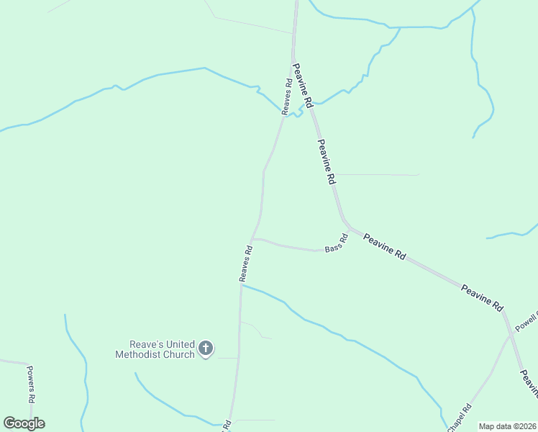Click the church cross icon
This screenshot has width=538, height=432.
pos(206,349)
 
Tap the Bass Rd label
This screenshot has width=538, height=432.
pos(336,243)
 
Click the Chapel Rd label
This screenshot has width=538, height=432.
pos(458,418)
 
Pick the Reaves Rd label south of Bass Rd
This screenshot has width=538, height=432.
pos(246,264)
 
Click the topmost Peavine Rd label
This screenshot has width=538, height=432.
pos(302,86)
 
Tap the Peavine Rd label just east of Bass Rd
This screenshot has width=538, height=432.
pos(385,246)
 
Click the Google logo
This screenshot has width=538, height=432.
pos(24,423)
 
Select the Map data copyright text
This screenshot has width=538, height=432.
pos(507,426)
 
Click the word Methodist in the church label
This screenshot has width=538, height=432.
pos(137,354)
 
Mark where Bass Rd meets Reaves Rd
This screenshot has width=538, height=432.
pos(252,239)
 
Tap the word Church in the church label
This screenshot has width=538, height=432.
pos(178,354)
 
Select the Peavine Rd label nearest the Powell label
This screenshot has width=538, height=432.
pos(483,297)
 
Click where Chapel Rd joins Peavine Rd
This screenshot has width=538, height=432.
pos(512,335)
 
